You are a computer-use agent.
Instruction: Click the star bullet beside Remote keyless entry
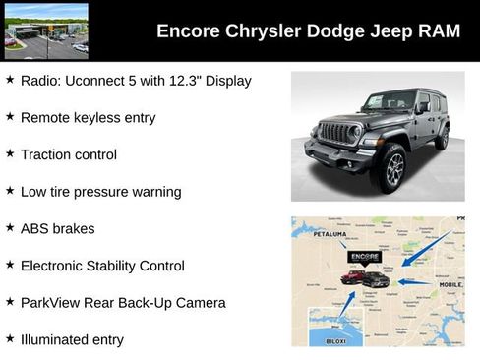pos(10,117)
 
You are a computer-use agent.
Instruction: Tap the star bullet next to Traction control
pos(10,154)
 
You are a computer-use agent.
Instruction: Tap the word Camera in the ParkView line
pos(201,302)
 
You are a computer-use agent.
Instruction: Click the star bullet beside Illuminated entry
pos(10,339)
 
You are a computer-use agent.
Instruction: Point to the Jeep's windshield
pos(389,101)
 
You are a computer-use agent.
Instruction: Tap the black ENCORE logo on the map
pos(364,258)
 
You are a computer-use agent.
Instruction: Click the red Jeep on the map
pos(352,278)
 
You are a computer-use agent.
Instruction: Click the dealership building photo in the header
pos(46,30)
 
